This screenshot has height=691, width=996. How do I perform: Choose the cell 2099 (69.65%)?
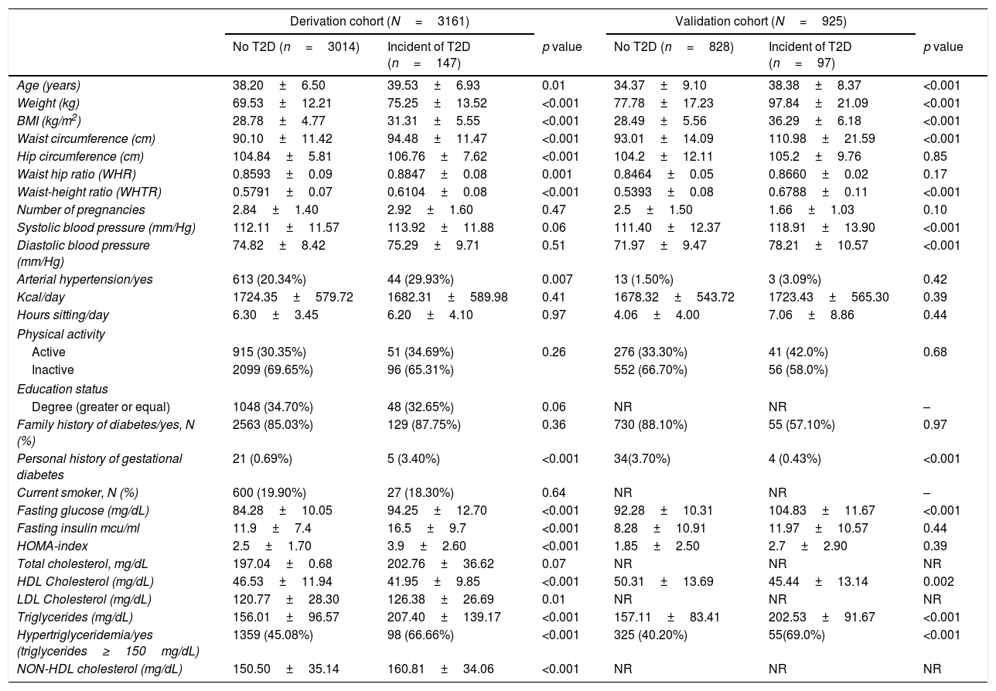[x=273, y=369]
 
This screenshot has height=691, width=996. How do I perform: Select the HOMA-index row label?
[x=50, y=546]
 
